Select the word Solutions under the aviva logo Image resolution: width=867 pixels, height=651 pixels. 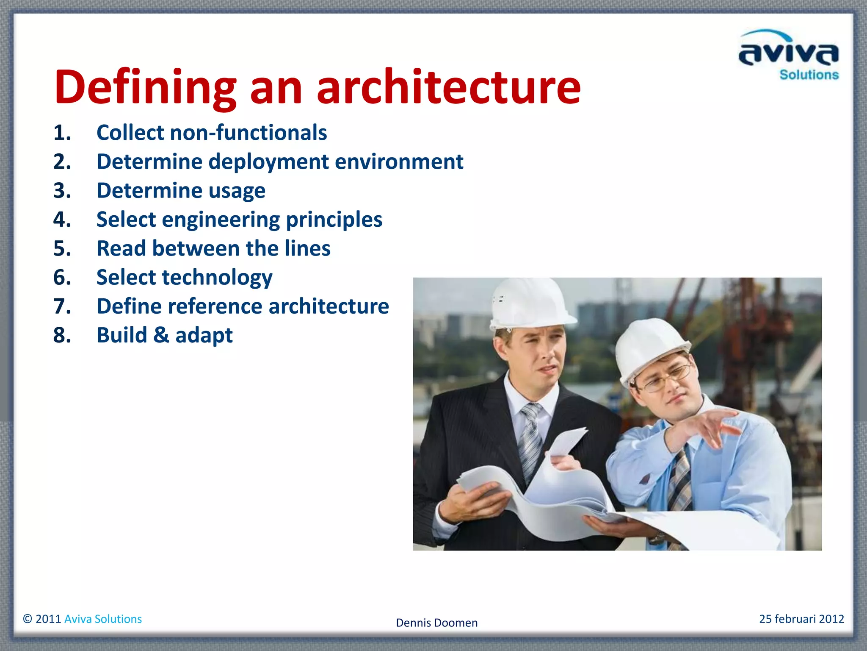coord(809,75)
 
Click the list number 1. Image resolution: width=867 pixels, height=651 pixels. coord(62,133)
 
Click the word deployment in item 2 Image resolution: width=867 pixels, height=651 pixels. coord(268,162)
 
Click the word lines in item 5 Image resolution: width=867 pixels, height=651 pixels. coord(307,248)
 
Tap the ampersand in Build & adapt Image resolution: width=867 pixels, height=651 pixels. coord(161,335)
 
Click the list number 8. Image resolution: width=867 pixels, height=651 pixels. coord(62,336)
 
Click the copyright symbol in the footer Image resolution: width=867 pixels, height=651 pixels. coord(28,619)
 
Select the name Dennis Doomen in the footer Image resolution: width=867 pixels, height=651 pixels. coord(436,623)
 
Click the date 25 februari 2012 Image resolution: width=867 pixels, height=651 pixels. coord(801,619)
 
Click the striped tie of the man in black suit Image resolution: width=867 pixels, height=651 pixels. coord(531,441)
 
